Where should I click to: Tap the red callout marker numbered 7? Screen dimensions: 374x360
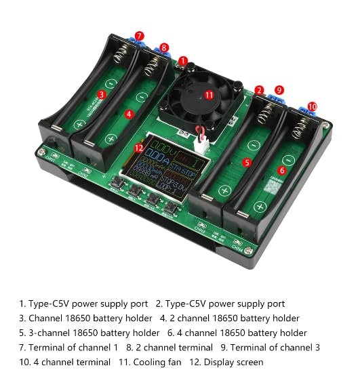click(x=139, y=36)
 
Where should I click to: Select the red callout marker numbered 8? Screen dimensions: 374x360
click(x=164, y=48)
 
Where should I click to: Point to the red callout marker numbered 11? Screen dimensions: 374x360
click(x=209, y=95)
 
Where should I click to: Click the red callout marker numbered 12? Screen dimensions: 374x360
click(x=138, y=148)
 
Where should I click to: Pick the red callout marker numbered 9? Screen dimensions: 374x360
click(x=279, y=89)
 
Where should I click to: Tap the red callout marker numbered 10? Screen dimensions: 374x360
click(x=312, y=106)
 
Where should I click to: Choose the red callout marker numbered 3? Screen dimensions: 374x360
click(x=101, y=95)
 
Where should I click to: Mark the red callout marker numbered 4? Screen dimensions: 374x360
click(x=129, y=114)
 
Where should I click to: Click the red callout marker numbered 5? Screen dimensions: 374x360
click(x=247, y=163)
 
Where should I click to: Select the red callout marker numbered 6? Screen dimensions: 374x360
click(x=282, y=171)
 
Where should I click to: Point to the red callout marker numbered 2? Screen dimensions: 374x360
click(x=259, y=90)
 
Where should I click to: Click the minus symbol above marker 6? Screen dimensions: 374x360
click(x=288, y=159)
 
